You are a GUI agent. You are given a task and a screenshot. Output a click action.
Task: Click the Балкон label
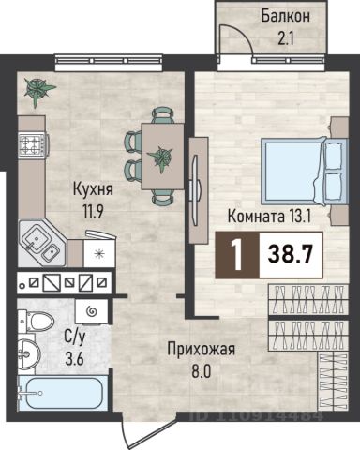[x=286, y=16]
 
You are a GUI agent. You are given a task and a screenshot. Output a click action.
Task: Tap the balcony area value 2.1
[x=286, y=39]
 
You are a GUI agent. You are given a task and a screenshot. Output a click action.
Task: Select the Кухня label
[x=93, y=189]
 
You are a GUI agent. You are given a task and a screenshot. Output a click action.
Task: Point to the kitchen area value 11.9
[x=93, y=212]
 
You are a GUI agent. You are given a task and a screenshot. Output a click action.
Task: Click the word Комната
[x=256, y=217]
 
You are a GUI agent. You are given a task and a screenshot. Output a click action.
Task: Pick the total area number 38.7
[x=291, y=255]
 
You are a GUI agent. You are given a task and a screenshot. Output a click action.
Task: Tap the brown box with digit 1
[x=237, y=255]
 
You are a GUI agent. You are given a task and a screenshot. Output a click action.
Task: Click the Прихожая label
[x=201, y=350]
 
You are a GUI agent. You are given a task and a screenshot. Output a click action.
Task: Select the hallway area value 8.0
[x=201, y=372]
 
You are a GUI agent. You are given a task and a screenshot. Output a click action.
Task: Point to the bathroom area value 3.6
[x=74, y=359]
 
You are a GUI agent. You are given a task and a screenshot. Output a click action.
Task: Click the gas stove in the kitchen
[x=34, y=144]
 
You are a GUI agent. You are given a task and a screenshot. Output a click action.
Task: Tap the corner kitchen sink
[x=41, y=243]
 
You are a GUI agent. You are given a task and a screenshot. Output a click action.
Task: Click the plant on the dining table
[x=160, y=158]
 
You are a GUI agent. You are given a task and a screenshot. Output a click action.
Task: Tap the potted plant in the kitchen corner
[x=38, y=91]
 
